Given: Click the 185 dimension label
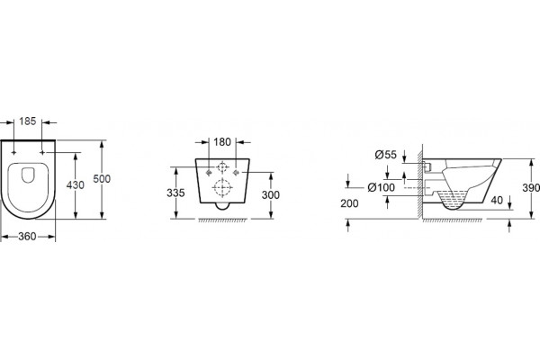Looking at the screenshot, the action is (x=28, y=121).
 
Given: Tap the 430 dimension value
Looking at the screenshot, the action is (x=75, y=185).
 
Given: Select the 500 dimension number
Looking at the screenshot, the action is (x=102, y=179).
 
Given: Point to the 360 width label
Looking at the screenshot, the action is (x=27, y=237).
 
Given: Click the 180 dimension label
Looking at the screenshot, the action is (x=222, y=141).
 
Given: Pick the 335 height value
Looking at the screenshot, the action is (x=175, y=193).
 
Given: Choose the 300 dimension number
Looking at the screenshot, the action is (x=271, y=195).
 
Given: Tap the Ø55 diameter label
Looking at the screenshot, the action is (x=386, y=155).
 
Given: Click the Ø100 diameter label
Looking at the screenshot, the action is (x=382, y=187).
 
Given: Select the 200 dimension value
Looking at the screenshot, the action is (x=349, y=203).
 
